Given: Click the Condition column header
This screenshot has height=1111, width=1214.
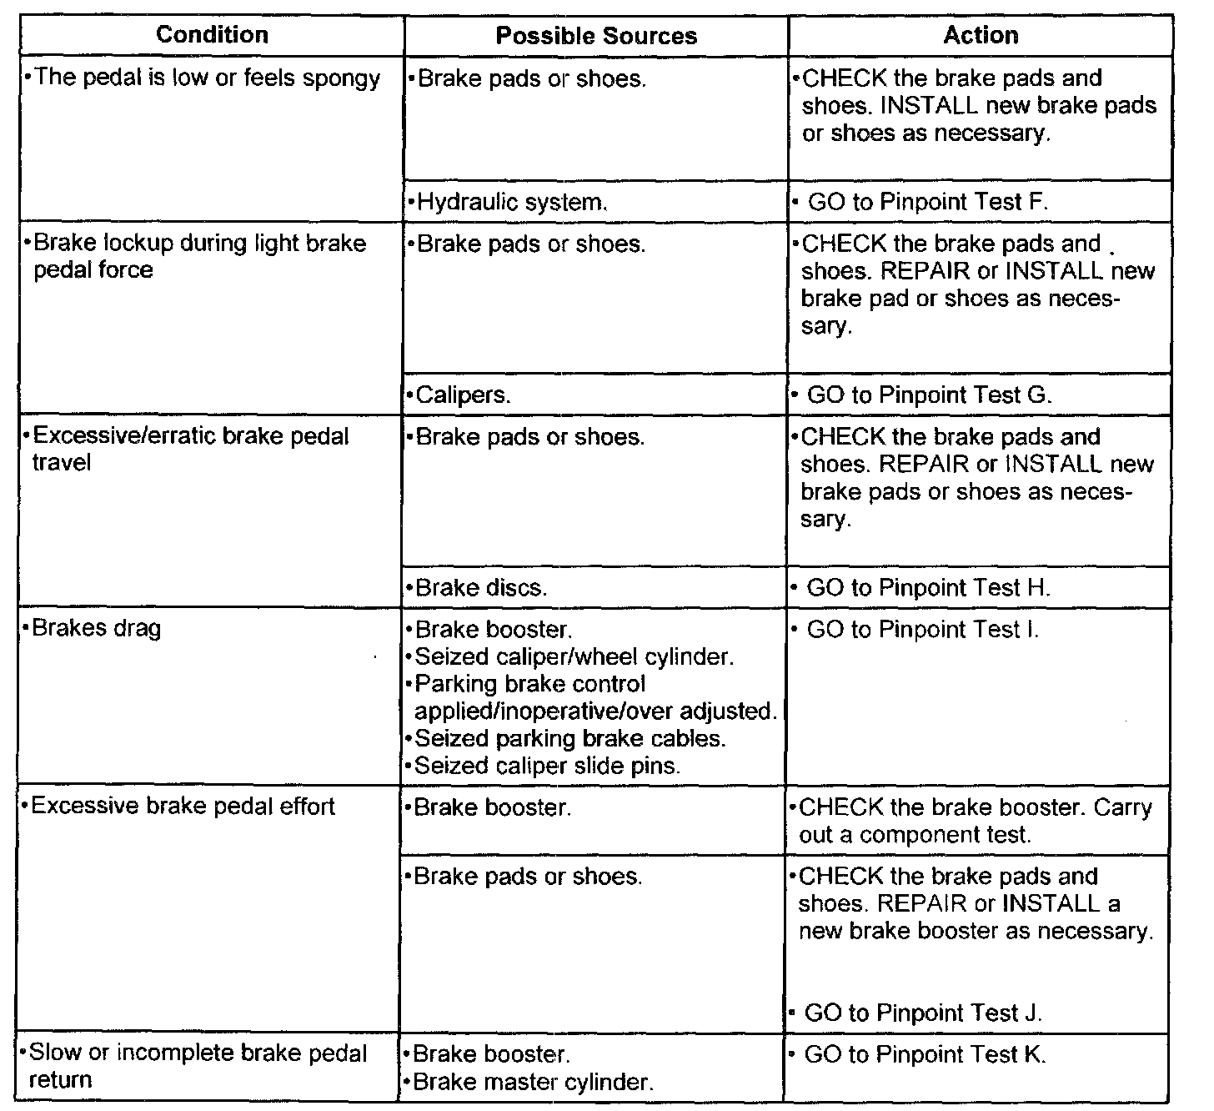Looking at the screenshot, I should [212, 35].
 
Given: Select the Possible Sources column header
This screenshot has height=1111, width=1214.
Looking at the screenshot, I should [595, 36].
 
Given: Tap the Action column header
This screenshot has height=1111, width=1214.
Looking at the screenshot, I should [981, 35].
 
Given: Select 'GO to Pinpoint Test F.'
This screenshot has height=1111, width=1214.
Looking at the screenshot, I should [927, 202].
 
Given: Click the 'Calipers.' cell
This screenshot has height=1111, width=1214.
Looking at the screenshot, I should [463, 395].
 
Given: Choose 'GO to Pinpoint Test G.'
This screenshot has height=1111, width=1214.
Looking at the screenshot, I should [929, 395].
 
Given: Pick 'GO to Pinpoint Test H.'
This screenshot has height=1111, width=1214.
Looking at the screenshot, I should [928, 588].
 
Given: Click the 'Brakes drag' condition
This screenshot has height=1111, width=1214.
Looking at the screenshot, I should [96, 628].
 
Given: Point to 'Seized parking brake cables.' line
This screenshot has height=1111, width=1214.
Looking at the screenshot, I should [569, 739].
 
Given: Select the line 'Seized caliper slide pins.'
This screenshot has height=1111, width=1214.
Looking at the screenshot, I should [547, 766].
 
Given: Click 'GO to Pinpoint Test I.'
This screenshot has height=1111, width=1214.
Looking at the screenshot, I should [922, 630].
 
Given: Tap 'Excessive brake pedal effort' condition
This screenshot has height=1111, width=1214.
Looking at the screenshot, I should [183, 807].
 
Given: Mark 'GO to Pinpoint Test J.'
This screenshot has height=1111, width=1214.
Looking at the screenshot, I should [923, 1013].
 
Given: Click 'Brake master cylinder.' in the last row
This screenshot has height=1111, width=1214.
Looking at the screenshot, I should [533, 1082].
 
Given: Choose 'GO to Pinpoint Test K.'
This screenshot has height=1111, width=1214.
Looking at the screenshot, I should [925, 1054].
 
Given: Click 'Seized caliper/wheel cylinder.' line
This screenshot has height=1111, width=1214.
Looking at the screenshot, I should [574, 657].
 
